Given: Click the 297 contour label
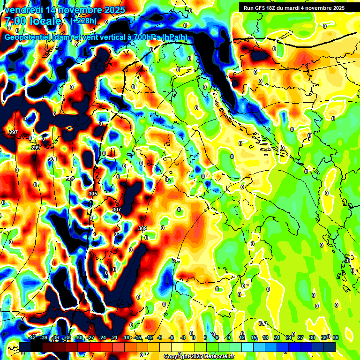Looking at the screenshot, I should click(14, 132).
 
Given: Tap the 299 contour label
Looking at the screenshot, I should click(36, 148).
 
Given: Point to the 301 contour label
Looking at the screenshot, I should click(52, 159).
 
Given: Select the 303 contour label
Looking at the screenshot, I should click(70, 179).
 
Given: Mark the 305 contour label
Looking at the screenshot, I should click(92, 194).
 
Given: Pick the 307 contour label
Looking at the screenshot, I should click(117, 210).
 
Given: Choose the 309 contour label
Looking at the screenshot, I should click(142, 228).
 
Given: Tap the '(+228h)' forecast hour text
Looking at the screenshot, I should click(84, 21).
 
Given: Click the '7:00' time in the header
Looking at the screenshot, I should click(15, 21).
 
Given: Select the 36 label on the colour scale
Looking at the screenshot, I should click(335, 337).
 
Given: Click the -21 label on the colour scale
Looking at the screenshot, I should click(113, 337).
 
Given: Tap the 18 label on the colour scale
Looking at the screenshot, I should click(265, 337).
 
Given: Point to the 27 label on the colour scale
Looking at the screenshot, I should click(300, 337).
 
